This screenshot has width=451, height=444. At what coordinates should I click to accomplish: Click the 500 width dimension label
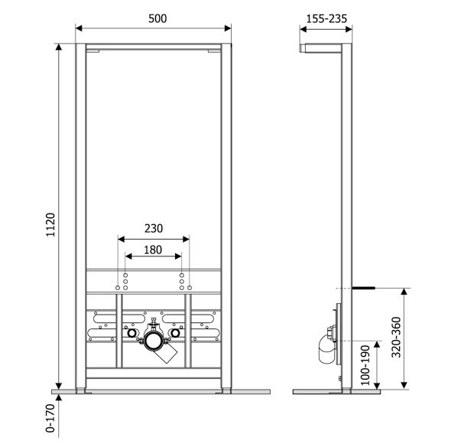[157, 18]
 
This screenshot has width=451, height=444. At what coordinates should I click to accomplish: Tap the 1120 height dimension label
[50, 225]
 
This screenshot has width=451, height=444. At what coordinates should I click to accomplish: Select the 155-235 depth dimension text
[326, 19]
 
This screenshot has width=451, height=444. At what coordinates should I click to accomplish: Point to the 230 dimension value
[154, 228]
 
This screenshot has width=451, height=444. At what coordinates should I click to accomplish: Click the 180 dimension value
[153, 250]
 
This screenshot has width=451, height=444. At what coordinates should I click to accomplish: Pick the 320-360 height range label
[397, 337]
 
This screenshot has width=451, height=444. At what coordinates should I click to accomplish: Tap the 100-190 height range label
[365, 365]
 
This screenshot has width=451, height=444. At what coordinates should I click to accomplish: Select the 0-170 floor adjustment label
[50, 418]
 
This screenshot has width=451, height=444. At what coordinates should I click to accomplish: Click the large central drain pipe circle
[154, 341]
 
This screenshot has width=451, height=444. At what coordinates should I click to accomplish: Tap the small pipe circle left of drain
[131, 333]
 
